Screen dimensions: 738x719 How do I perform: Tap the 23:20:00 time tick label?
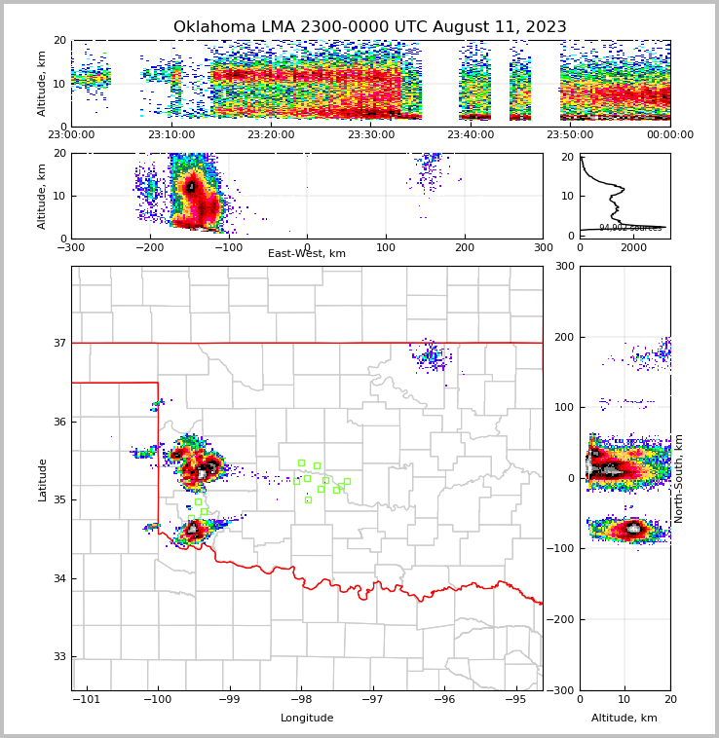point(271,135)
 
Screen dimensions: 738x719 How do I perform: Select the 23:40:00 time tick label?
point(471,135)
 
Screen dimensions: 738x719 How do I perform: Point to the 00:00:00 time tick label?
point(669,135)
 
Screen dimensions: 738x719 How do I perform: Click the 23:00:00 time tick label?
point(71,135)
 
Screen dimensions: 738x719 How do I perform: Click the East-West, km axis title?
point(307,254)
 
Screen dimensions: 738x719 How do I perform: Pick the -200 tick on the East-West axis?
point(149,246)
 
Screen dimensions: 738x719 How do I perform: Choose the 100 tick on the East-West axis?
point(386,246)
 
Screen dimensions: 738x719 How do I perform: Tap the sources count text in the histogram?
point(629,228)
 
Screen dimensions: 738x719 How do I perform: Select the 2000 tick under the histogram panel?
point(633,247)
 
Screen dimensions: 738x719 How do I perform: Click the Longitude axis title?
point(307,719)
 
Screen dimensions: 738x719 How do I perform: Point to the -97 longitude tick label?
point(373,699)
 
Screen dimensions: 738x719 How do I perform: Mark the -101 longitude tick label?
point(87,699)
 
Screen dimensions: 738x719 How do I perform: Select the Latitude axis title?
point(42,479)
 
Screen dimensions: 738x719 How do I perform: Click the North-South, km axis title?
point(678,479)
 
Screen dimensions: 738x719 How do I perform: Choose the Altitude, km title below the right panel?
point(624,719)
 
